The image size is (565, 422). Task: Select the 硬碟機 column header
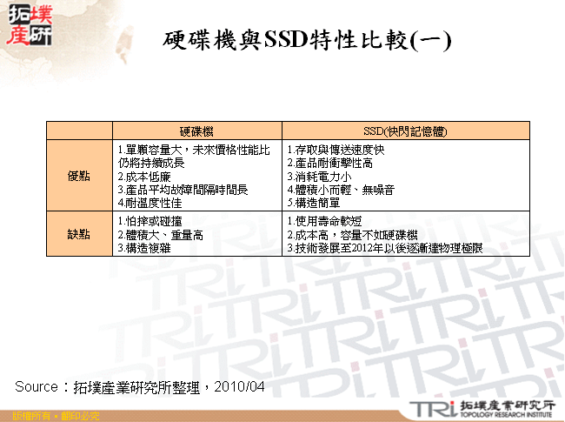pyautogui.click(x=196, y=131)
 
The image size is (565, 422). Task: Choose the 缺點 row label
pyautogui.click(x=78, y=234)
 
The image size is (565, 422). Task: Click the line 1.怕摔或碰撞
pyautogui.click(x=148, y=221)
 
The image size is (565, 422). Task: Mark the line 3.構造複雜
pyautogui.click(x=143, y=247)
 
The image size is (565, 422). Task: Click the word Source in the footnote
pyautogui.click(x=36, y=385)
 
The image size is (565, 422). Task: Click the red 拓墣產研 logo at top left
pyautogui.click(x=27, y=26)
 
